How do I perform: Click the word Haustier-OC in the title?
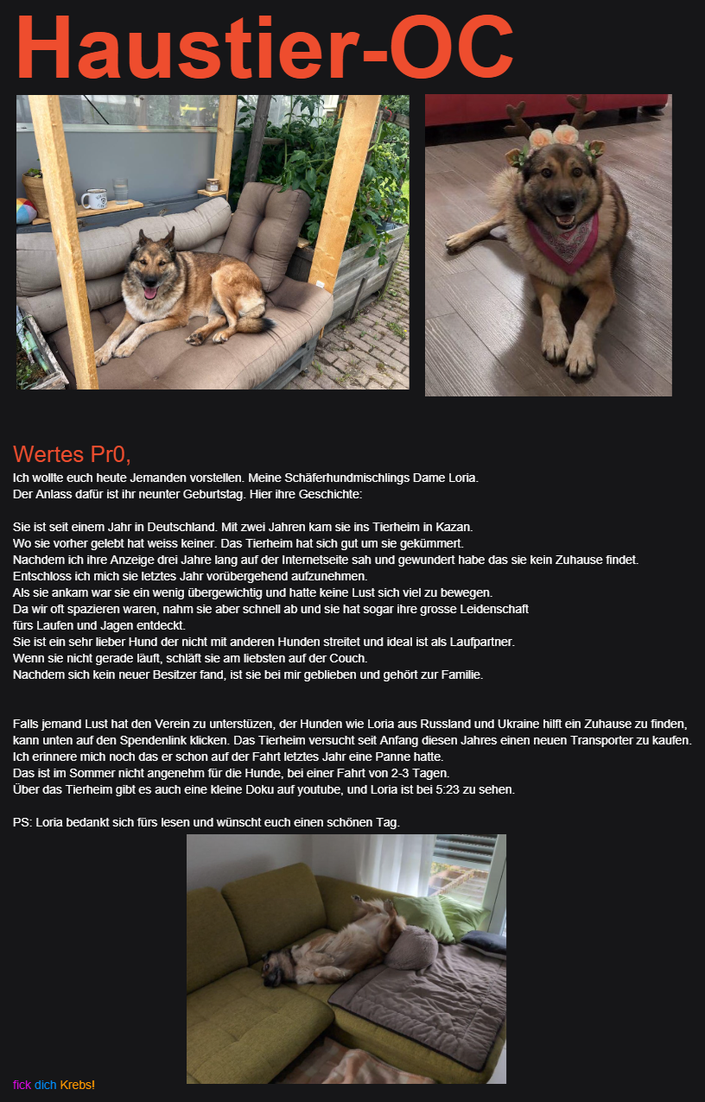(x=264, y=47)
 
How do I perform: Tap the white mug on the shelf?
(x=92, y=199)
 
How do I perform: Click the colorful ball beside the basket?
(x=25, y=210)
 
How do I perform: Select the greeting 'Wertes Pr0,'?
(x=71, y=454)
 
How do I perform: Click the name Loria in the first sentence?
(x=460, y=478)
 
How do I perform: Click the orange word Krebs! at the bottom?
(x=78, y=1085)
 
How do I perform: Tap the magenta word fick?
(x=22, y=1085)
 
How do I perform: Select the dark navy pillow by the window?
(x=485, y=941)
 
